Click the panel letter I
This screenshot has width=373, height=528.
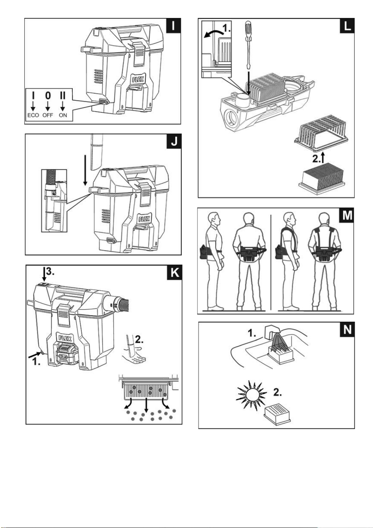coord(173,26)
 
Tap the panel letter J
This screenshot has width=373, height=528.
coord(174,141)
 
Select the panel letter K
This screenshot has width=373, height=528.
coord(175,273)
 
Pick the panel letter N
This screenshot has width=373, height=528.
coord(347,330)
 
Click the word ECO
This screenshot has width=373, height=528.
coord(33,115)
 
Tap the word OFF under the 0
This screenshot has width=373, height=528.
coord(48,115)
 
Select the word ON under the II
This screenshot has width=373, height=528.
coord(63,115)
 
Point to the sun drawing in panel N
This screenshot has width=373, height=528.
coord(252,394)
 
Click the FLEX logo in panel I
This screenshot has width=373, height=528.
coord(138,79)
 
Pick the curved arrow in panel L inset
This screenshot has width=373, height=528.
coord(213,33)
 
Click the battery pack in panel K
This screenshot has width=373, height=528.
coord(67,354)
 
